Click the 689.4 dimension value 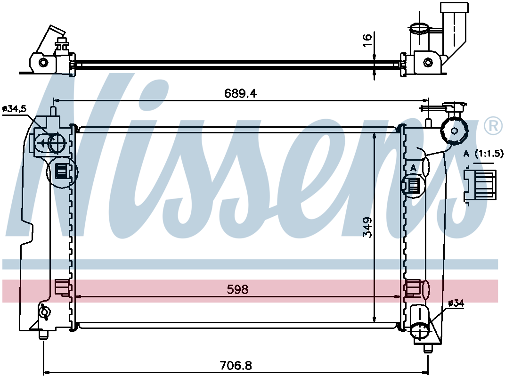(x=240, y=93)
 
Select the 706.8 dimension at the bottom (x=236, y=365)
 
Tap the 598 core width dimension (x=238, y=289)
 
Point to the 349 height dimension (x=367, y=228)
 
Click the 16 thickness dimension (x=367, y=40)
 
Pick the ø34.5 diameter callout (x=14, y=109)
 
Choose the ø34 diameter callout (x=456, y=303)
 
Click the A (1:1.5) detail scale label (x=483, y=154)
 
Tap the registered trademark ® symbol (x=493, y=126)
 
